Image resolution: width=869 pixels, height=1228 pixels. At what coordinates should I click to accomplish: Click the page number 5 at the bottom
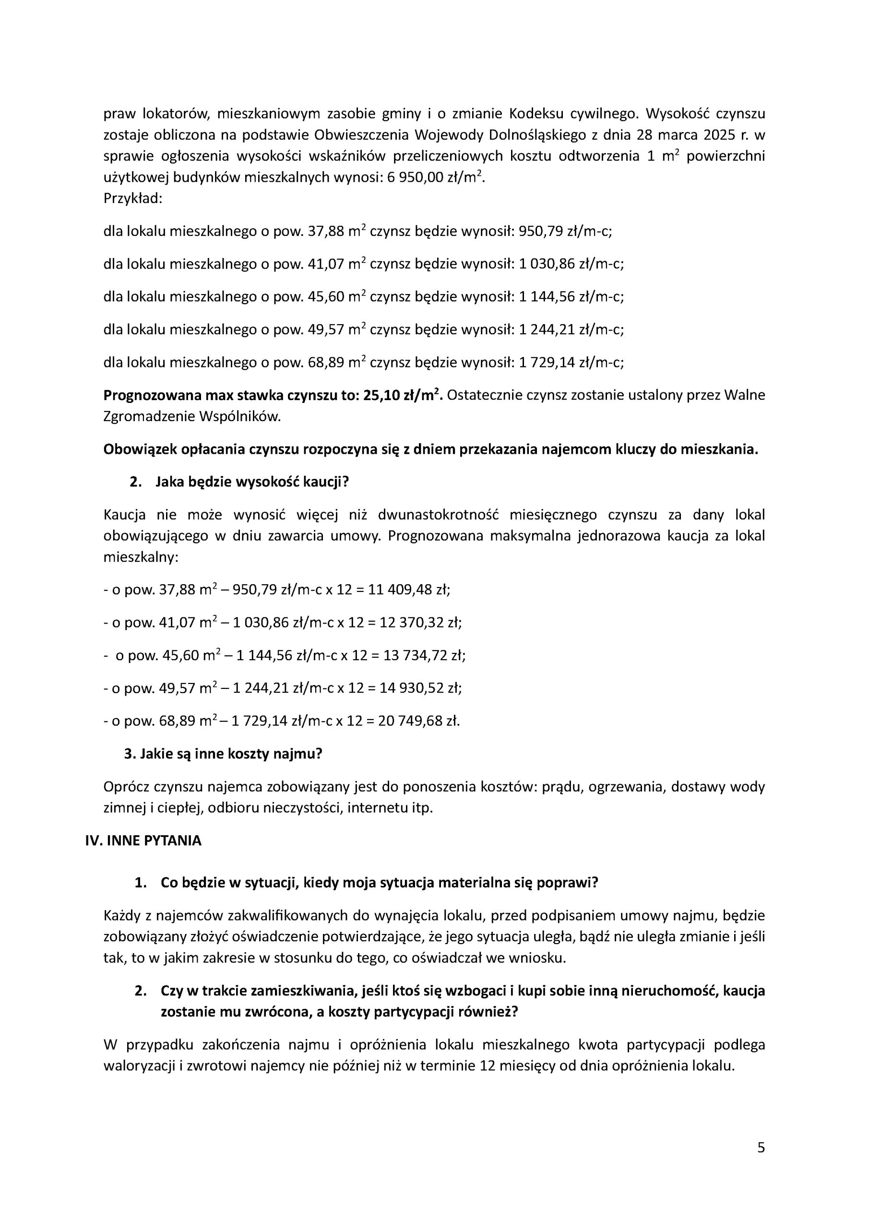[761, 1163]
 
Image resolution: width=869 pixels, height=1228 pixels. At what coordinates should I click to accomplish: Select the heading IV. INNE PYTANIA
[143, 841]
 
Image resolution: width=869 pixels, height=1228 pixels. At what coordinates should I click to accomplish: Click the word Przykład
[132, 199]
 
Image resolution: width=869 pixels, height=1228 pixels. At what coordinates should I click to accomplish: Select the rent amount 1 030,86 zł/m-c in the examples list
[571, 264]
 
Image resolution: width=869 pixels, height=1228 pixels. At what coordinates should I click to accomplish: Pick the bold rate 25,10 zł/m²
[403, 395]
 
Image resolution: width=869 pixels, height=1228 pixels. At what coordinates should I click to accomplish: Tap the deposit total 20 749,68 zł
[418, 721]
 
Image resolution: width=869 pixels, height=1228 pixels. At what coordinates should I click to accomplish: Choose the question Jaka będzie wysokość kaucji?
[252, 482]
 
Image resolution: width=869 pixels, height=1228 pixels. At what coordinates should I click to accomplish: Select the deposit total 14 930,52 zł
[421, 688]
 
